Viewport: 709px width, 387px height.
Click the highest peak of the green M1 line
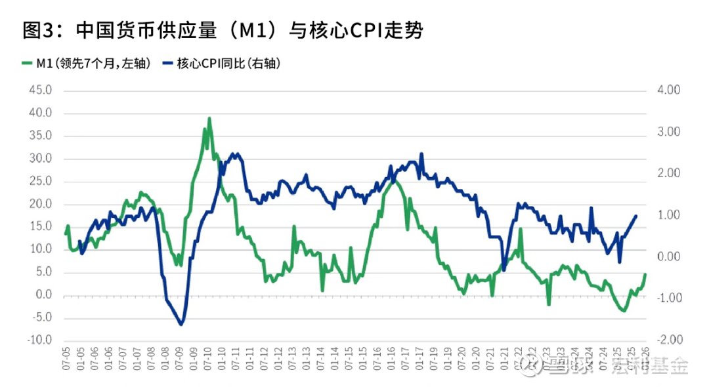click(x=209, y=119)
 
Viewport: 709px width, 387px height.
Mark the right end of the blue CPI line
click(x=635, y=216)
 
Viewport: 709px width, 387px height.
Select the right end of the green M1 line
click(x=645, y=274)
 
